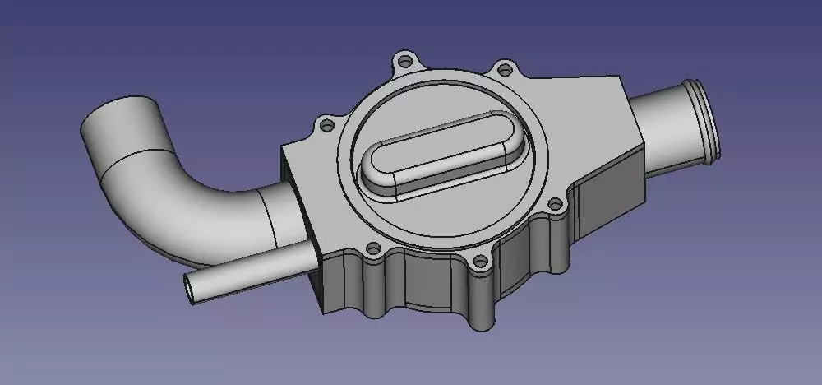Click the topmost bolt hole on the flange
click(403, 60)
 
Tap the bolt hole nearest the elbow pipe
click(326, 126)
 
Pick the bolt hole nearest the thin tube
click(372, 248)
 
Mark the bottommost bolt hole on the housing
click(480, 264)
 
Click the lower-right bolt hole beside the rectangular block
click(555, 203)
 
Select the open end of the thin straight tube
click(192, 287)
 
